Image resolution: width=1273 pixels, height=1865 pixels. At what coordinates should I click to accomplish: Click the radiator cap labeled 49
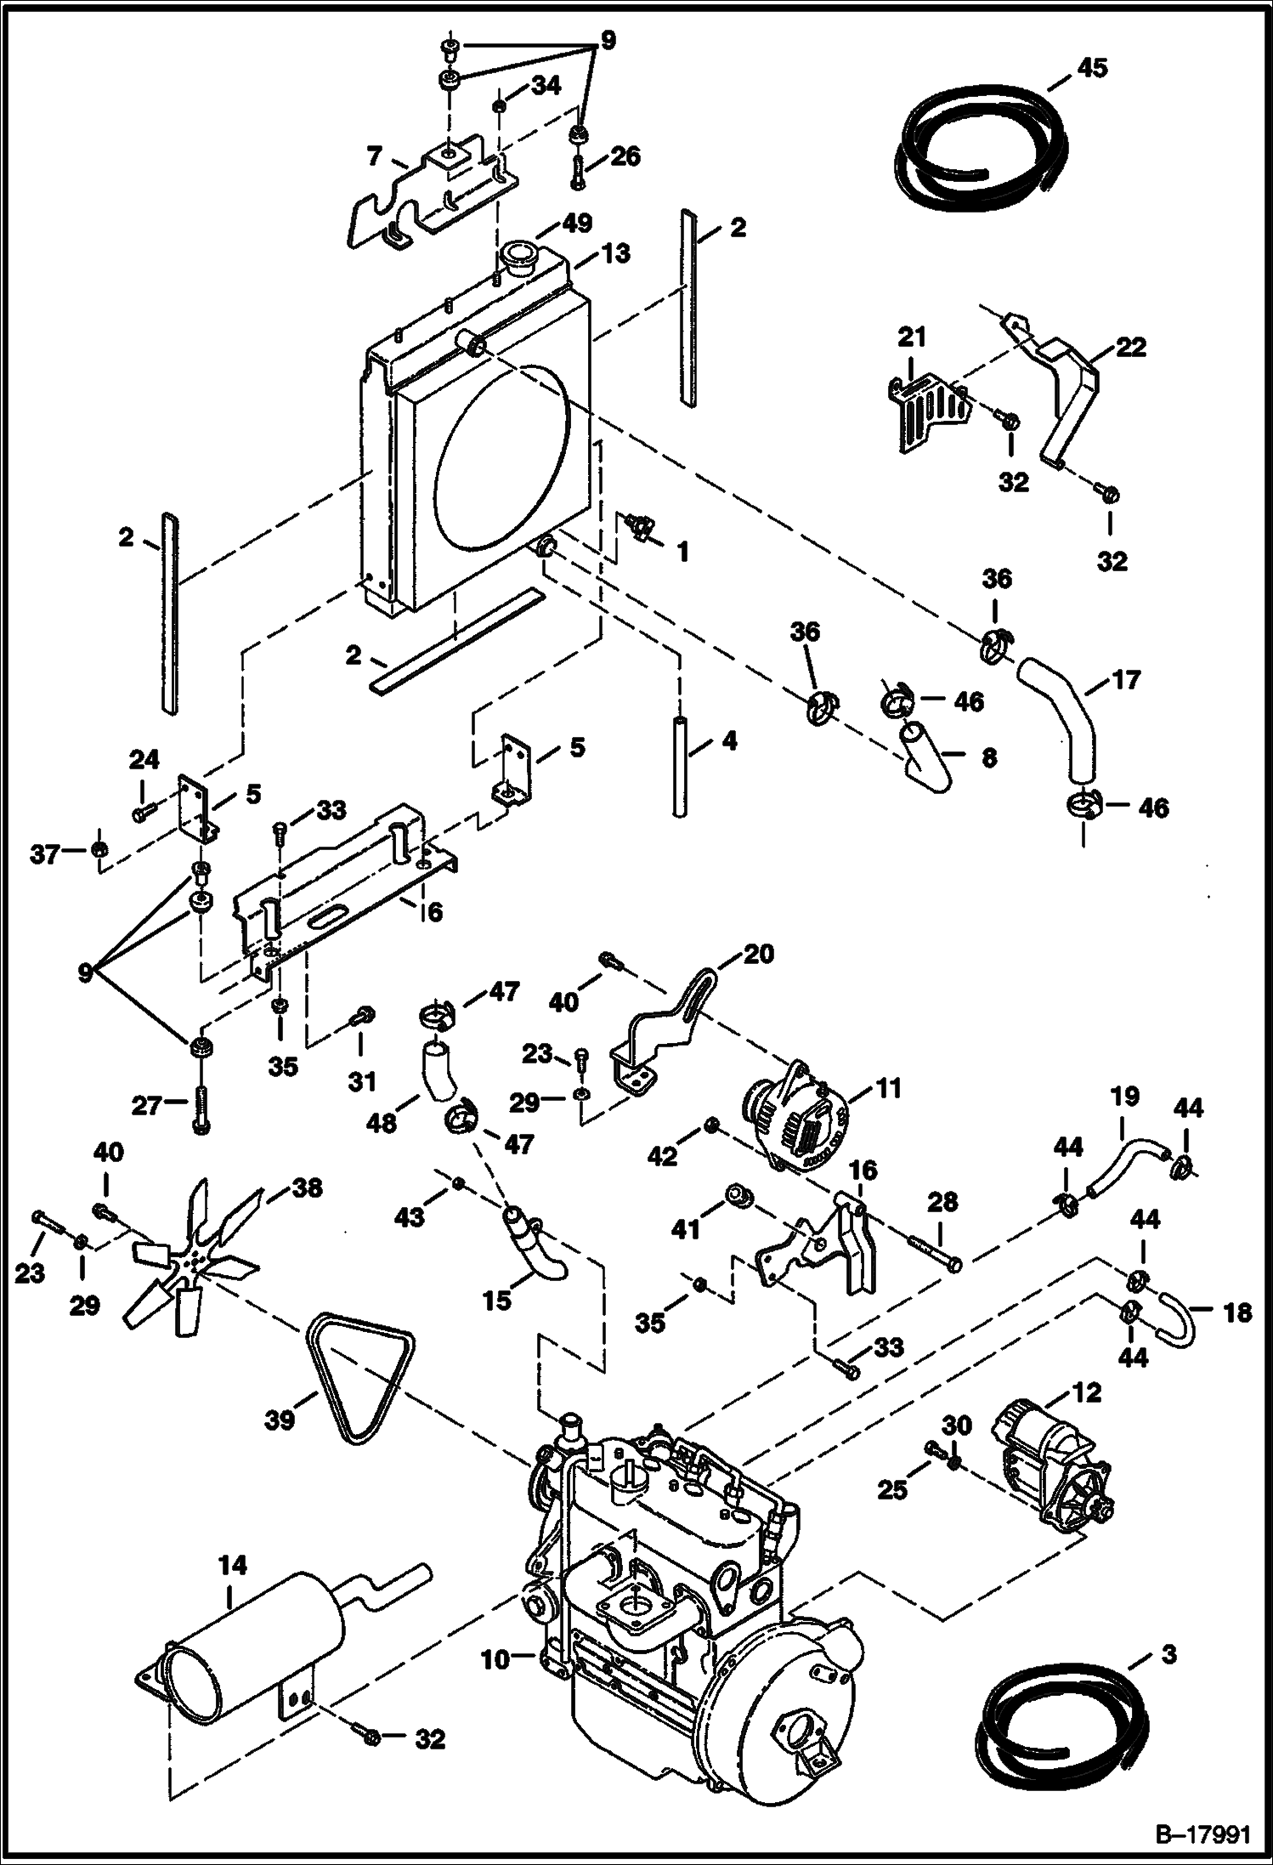[516, 255]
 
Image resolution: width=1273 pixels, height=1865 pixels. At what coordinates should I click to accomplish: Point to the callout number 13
[618, 252]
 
